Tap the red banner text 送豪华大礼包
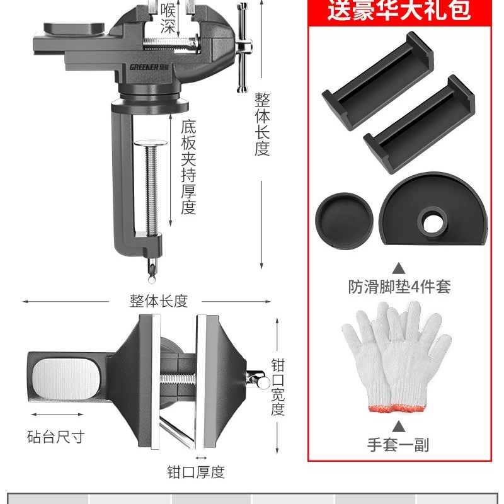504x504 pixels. (398, 11)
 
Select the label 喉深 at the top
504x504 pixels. (168, 17)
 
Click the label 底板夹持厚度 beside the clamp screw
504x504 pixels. (188, 167)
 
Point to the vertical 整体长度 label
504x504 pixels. (262, 125)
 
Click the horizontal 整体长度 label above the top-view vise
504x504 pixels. (159, 301)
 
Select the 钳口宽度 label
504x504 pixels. (277, 387)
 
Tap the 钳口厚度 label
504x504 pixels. (195, 472)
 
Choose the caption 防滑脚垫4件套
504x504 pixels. (399, 287)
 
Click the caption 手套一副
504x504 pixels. (398, 445)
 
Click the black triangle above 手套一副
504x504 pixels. (398, 426)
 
